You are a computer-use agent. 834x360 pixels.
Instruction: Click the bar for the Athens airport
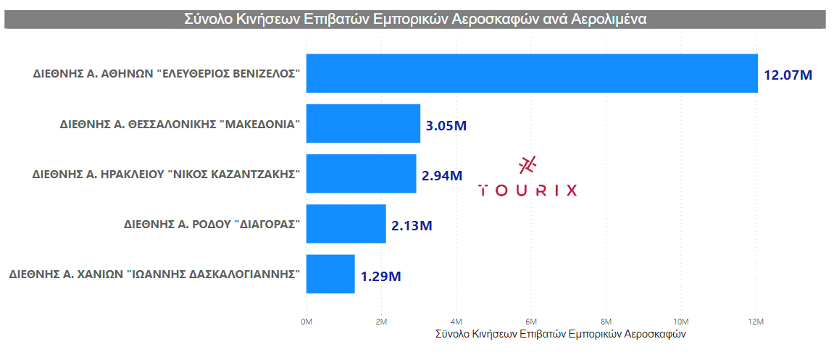point(531,73)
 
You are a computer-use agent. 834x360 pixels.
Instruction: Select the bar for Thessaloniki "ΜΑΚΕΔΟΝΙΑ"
point(363,123)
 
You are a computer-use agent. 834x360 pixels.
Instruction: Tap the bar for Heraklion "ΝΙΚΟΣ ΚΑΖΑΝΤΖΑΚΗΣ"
point(361,173)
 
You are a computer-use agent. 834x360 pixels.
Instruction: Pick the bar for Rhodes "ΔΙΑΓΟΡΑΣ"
point(346,224)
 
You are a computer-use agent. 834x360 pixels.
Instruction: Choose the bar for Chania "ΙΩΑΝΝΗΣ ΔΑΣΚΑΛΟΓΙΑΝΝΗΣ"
point(330,274)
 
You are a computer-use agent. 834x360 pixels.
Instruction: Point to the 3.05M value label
point(446,125)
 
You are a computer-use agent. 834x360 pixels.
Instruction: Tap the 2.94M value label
point(441,175)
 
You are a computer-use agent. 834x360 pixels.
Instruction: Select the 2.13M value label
point(412,225)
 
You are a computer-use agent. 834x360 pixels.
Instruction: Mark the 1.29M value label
point(380,276)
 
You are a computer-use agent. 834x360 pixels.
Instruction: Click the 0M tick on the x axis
point(306,321)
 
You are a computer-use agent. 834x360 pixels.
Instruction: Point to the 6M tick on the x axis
point(531,321)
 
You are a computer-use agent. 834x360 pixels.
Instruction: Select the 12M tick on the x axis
point(755,321)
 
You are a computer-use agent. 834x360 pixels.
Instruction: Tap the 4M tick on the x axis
point(456,321)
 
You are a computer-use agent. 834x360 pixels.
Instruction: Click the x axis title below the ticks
point(560,335)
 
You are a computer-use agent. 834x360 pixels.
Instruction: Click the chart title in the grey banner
point(415,20)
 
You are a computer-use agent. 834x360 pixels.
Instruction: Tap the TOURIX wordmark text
point(528,191)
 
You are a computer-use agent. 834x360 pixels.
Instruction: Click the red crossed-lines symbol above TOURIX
point(528,165)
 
